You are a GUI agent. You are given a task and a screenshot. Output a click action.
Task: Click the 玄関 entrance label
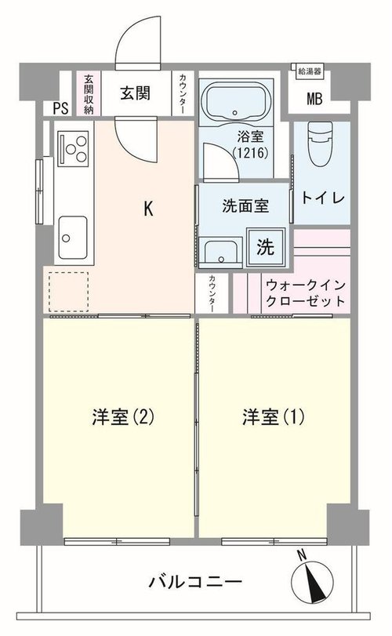[x=135, y=93]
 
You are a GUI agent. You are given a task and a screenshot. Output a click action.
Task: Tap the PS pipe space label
[x=61, y=108]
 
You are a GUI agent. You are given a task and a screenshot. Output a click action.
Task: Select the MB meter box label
[x=314, y=99]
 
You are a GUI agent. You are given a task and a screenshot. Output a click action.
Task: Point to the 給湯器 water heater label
[x=310, y=71]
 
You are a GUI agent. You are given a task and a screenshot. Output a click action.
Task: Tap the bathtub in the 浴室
[x=235, y=101]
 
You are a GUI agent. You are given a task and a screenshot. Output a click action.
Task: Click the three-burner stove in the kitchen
[x=73, y=148]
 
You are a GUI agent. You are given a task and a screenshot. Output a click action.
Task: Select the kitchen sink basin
[x=73, y=238]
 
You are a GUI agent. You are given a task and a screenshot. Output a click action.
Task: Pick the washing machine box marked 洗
[x=266, y=247]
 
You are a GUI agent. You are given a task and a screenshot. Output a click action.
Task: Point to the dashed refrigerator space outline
[x=68, y=292]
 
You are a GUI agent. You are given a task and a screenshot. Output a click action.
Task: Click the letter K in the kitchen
[x=148, y=209]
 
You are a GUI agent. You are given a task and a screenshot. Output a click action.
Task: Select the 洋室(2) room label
[x=123, y=417]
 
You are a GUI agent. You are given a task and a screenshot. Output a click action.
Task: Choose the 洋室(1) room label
[x=273, y=417]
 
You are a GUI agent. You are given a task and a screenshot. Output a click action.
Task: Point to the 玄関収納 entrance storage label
[x=89, y=93]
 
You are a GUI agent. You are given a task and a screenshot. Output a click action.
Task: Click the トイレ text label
[x=323, y=198]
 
